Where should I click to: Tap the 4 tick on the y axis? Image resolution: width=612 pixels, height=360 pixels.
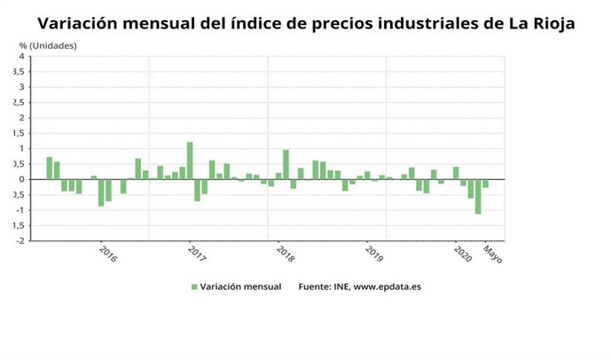(x=21, y=57)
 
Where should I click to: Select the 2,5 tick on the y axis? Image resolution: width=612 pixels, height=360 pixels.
(x=19, y=103)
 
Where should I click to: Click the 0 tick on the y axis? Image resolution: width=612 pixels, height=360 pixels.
(x=21, y=179)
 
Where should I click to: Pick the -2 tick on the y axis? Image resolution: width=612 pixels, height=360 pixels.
(x=20, y=240)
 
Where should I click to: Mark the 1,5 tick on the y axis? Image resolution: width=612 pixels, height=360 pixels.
(x=19, y=133)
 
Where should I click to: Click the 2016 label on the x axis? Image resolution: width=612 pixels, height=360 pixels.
(x=106, y=254)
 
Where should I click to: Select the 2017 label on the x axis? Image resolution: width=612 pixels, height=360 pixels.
(x=196, y=254)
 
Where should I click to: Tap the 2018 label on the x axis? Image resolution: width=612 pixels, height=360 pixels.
(x=285, y=254)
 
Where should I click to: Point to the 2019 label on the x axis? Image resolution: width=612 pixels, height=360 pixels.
(x=373, y=254)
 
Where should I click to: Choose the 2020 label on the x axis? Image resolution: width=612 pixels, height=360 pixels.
(x=462, y=254)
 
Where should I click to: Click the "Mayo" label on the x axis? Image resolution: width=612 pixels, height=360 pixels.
(x=492, y=254)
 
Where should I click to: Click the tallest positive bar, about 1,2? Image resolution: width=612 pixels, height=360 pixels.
(x=190, y=160)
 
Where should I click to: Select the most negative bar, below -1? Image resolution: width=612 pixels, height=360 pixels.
(x=478, y=196)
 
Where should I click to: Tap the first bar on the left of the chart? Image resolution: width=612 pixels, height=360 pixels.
(x=50, y=168)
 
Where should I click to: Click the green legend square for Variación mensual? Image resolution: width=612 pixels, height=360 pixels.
(x=194, y=286)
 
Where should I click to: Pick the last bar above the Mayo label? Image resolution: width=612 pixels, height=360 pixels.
(x=486, y=184)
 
